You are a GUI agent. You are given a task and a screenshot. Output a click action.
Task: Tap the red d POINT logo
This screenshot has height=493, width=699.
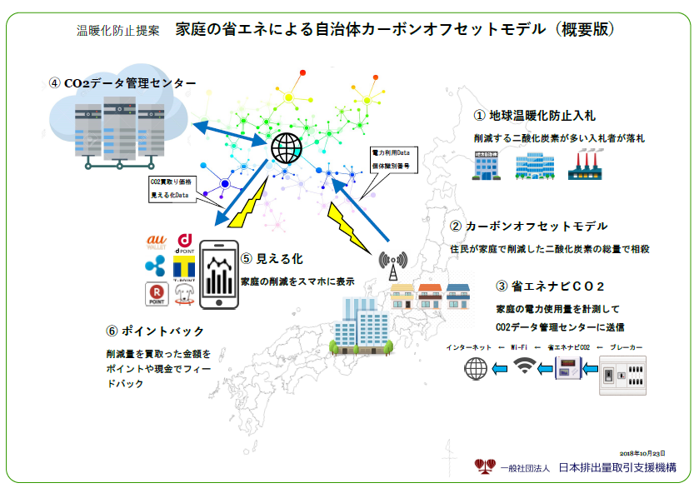click(x=184, y=242)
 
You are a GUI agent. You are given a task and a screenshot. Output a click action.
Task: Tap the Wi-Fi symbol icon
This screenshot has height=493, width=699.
click(x=524, y=366)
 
